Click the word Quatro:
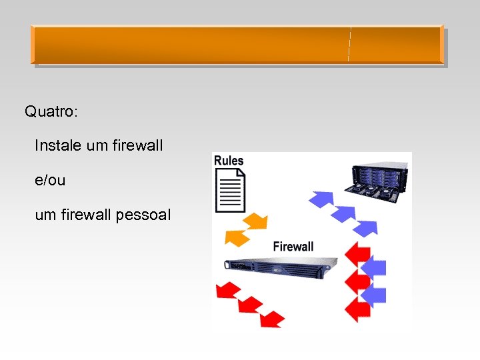pos(51,111)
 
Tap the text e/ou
pos(50,180)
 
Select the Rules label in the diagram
pos(228,161)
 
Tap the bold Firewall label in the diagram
pos(293,246)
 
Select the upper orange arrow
pos(255,221)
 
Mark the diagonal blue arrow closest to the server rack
pos(322,197)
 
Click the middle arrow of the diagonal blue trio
pos(343,213)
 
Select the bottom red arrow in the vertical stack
pos(359,309)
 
